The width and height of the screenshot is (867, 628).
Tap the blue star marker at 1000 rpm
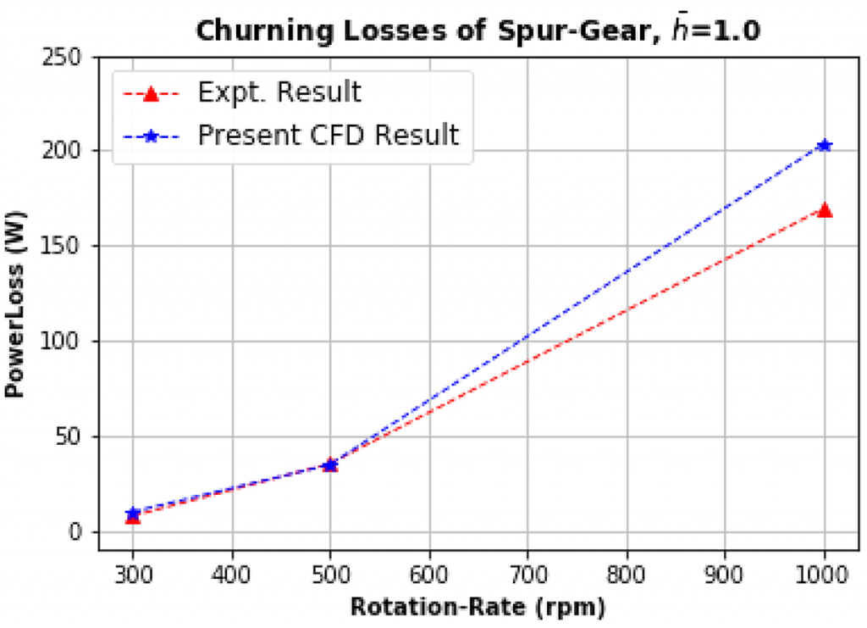tap(824, 146)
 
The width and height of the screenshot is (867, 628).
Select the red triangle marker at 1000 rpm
tap(824, 209)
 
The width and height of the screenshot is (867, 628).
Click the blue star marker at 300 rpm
tap(133, 513)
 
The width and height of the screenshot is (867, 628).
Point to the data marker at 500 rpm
tap(330, 464)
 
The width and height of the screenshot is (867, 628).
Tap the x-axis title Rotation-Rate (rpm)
tap(478, 608)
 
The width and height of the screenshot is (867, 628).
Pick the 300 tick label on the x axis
tap(133, 574)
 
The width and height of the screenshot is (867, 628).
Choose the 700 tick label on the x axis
tap(527, 574)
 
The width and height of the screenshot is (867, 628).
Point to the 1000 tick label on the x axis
tap(824, 574)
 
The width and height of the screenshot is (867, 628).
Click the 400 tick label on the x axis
tap(232, 574)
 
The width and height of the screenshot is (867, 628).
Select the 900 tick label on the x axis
tap(725, 574)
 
